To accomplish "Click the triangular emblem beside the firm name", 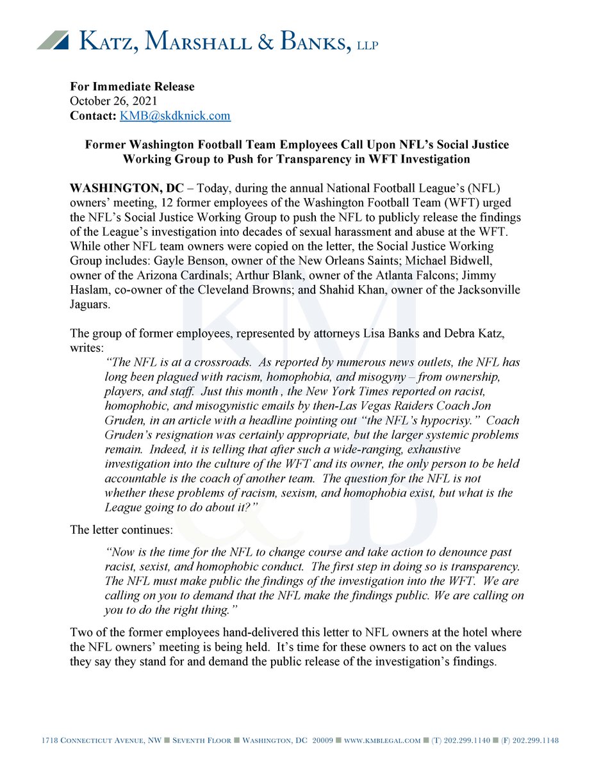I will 54,40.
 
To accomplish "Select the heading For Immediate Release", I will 132,87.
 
